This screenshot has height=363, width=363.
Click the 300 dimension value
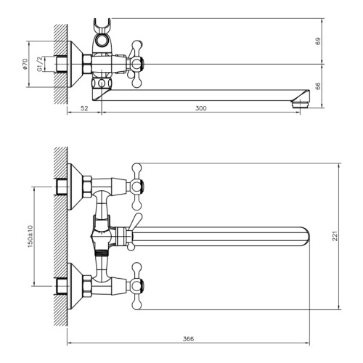pos(201,108)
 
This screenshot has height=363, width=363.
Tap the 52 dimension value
pos(84,108)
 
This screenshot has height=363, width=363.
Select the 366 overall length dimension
pos(188,339)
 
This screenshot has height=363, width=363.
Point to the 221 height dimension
pos(335,236)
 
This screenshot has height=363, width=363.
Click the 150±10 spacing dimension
pos(30,236)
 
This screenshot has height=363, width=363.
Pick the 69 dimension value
pos(318,41)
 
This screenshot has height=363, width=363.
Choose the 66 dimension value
pos(318,86)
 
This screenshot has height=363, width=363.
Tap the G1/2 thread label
pos(40,64)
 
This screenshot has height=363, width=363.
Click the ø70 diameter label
pos(25,64)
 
